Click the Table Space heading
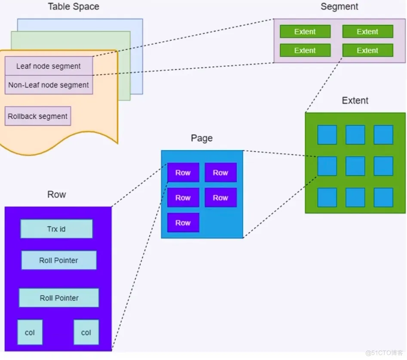point(73,7)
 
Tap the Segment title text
point(339,7)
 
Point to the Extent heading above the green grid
point(355,101)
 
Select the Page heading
point(202,138)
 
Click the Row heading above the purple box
point(57,194)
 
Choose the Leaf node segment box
point(49,66)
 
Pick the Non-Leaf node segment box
point(49,85)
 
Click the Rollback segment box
point(38,117)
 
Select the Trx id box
point(56,229)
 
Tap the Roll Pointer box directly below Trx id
point(59,260)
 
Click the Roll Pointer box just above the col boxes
point(59,298)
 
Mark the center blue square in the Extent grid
point(355,166)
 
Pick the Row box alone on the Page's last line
point(183,223)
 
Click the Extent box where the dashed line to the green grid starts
point(367,50)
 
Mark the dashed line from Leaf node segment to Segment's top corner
point(193,37)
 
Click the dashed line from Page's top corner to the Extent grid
point(279,154)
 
